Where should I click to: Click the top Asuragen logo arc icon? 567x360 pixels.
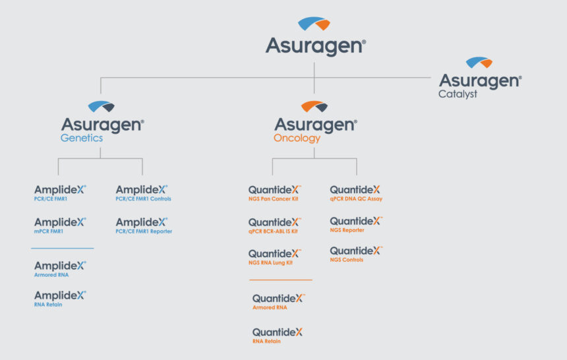pyautogui.click(x=314, y=23)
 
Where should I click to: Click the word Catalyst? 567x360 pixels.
pyautogui.click(x=458, y=94)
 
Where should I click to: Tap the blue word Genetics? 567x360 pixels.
pyautogui.click(x=82, y=138)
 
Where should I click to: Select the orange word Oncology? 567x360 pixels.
pyautogui.click(x=297, y=138)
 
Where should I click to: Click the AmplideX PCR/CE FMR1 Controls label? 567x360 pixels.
pyautogui.click(x=143, y=193)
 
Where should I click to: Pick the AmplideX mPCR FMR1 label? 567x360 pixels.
pyautogui.click(x=60, y=225)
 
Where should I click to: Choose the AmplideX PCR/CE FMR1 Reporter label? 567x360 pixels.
pyautogui.click(x=144, y=225)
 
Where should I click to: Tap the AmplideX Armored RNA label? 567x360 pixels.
pyautogui.click(x=60, y=269)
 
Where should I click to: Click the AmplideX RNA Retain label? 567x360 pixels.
pyautogui.click(x=60, y=299)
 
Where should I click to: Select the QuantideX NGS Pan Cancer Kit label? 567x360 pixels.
pyautogui.click(x=275, y=193)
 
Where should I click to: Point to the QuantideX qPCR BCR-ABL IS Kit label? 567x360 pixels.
pyautogui.click(x=275, y=225)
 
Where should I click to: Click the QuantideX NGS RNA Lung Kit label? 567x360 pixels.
pyautogui.click(x=275, y=257)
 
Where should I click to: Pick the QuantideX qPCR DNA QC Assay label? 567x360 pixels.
pyautogui.click(x=356, y=193)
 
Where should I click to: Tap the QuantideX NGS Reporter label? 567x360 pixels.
pyautogui.click(x=356, y=225)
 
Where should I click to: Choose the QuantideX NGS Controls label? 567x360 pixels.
pyautogui.click(x=356, y=255)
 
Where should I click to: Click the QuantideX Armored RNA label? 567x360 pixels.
pyautogui.click(x=279, y=302)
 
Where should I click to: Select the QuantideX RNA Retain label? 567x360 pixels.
pyautogui.click(x=278, y=336)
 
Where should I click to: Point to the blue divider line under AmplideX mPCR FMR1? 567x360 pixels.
pyautogui.click(x=62, y=248)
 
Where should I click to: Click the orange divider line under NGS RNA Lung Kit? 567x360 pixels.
pyautogui.click(x=281, y=280)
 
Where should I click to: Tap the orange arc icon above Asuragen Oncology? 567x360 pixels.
pyautogui.click(x=314, y=106)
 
